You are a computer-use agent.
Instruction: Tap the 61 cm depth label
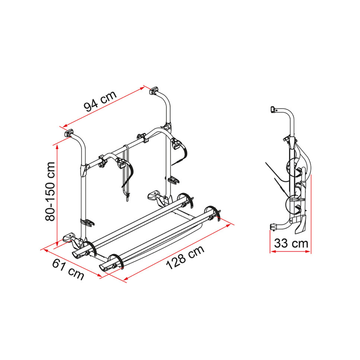point(68,270)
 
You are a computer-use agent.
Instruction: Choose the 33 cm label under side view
point(291,244)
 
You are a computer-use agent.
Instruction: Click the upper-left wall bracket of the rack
point(69,133)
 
